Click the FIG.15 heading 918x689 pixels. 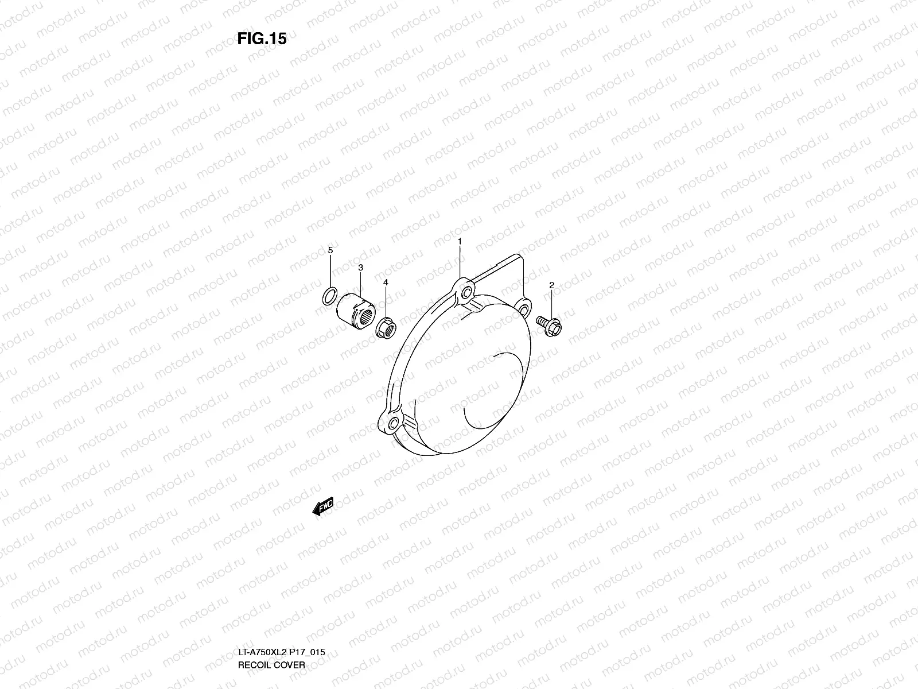262,38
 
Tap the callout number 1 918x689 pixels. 460,243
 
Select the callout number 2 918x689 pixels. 551,285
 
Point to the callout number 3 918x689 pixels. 360,268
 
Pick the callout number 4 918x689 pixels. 386,282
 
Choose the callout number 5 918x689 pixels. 330,250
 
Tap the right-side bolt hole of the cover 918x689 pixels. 523,309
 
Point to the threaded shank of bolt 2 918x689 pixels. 542,321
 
